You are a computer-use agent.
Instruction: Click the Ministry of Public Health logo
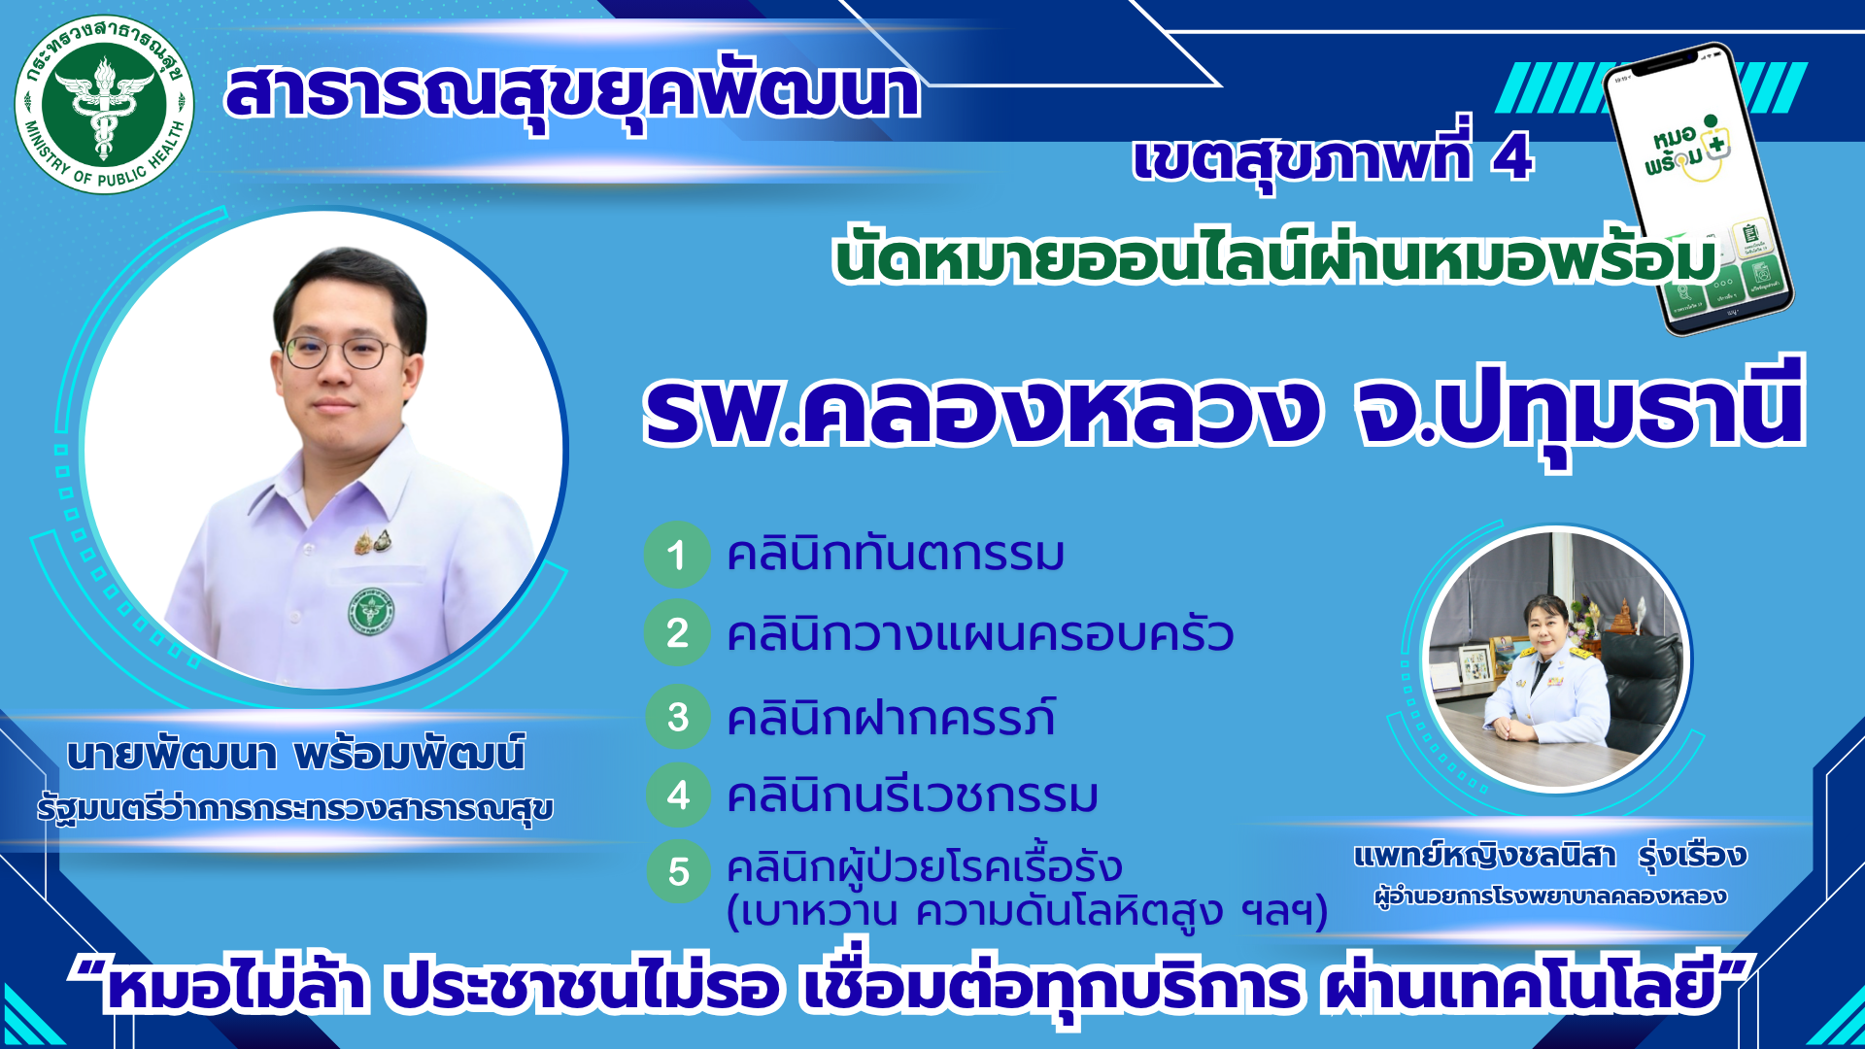coord(104,104)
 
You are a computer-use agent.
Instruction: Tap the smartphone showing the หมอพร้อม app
coord(1699,189)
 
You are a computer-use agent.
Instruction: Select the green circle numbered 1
coord(677,555)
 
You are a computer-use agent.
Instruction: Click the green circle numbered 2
coord(677,634)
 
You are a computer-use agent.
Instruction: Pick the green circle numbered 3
coord(678,717)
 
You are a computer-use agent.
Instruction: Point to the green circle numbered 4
coord(678,795)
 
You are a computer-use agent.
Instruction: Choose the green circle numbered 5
coord(678,871)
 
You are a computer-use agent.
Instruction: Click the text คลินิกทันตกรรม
coord(895,555)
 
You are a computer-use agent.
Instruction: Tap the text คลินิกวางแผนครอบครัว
coord(979,635)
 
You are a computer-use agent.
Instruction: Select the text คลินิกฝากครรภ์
coord(891,718)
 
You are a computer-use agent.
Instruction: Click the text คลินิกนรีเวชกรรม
coord(912,795)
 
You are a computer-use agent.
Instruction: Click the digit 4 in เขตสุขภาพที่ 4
coord(1512,157)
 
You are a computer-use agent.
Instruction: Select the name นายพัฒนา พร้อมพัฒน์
coord(296,755)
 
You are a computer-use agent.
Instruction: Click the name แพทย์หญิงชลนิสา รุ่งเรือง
coord(1549,856)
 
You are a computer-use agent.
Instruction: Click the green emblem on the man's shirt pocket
coord(371,611)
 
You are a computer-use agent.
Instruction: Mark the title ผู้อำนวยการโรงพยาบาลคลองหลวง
coord(1549,896)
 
